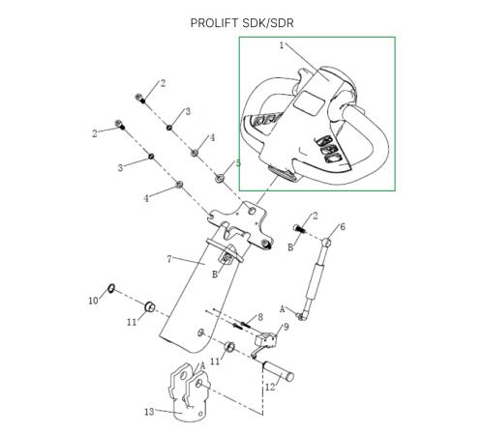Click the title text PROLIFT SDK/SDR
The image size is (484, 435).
point(242,23)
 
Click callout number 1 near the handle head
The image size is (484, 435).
point(282,45)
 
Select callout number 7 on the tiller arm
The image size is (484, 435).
point(169,259)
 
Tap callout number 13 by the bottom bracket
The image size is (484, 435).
point(149,412)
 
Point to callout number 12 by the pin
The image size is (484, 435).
point(270,387)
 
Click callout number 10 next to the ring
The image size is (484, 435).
point(93,301)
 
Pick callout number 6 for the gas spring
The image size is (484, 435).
point(343,227)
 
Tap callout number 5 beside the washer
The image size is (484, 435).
point(238,163)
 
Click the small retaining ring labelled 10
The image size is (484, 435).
point(111,288)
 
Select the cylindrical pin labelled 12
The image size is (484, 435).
point(279,371)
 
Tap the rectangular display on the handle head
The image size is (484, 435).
point(309,102)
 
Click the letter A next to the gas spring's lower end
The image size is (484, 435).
point(283,309)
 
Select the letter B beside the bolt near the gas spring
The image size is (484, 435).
point(290,247)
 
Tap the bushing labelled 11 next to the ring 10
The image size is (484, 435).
point(150,307)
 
